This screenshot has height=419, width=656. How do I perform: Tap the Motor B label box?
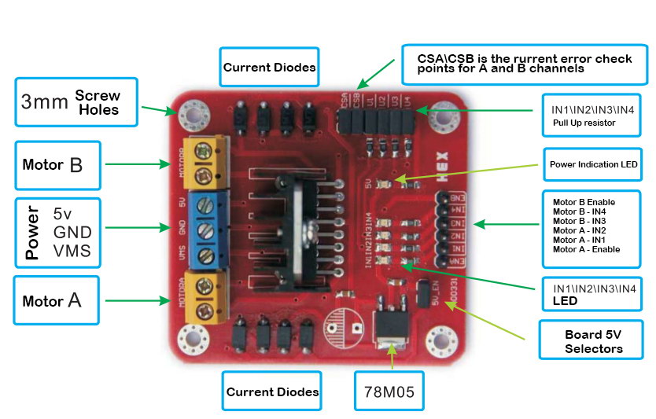57,165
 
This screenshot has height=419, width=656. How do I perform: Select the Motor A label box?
57,300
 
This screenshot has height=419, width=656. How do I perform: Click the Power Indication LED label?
593,165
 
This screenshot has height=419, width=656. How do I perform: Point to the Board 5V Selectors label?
593,341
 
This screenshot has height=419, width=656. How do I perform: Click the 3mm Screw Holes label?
76,101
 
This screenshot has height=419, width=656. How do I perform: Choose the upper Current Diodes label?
269,68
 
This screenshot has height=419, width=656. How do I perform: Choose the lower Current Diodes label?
272,391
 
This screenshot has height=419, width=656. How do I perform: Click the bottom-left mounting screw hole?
191,339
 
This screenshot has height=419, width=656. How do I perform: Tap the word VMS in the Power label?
72,251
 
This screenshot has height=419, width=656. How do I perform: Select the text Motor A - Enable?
586,249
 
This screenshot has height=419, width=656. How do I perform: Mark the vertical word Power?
32,232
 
